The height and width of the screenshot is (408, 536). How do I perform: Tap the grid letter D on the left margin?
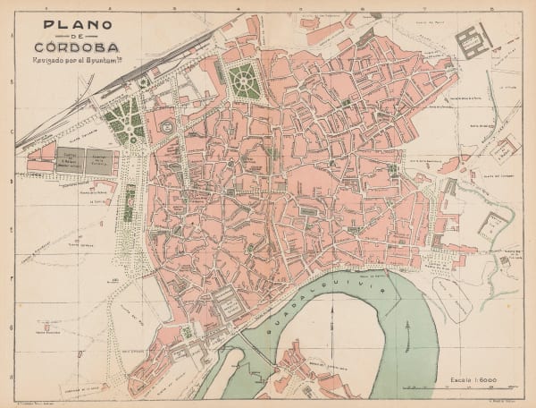pos(11,181)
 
